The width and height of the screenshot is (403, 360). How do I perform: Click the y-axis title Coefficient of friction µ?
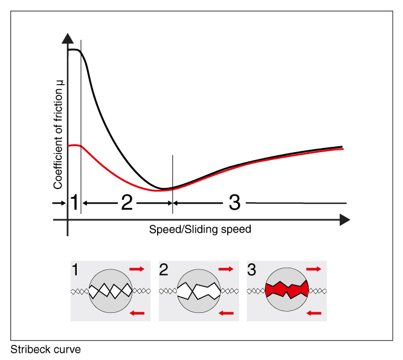59,138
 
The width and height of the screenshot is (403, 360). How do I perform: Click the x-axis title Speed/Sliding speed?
200,230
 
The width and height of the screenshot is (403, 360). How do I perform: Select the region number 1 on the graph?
74,203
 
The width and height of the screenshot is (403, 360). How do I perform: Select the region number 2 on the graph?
127,203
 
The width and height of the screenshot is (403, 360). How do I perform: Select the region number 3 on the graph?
235,203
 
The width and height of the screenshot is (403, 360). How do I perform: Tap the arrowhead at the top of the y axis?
68,36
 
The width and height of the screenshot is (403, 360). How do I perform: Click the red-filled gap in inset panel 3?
286,290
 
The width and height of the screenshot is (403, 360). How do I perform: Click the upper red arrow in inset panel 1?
137,268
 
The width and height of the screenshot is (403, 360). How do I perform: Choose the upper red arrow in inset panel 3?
314,268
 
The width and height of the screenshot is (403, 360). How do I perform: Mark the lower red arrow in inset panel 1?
137,312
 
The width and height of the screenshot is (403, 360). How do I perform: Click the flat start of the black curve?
74,50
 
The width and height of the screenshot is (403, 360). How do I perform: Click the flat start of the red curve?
74,146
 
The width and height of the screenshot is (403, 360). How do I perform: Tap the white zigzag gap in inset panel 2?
199,290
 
